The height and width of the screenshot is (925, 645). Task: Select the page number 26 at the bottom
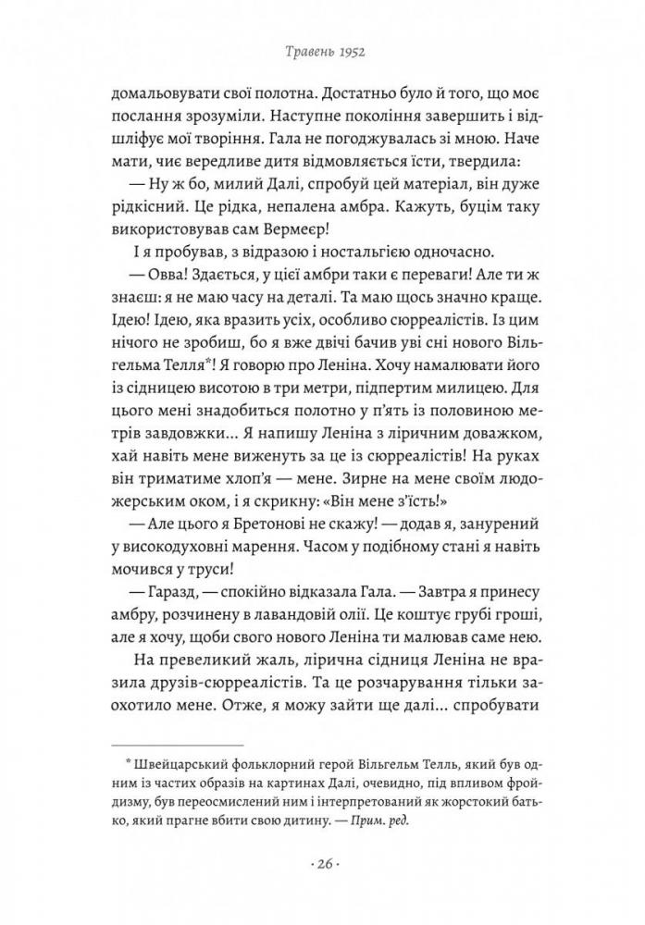click(322, 865)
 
